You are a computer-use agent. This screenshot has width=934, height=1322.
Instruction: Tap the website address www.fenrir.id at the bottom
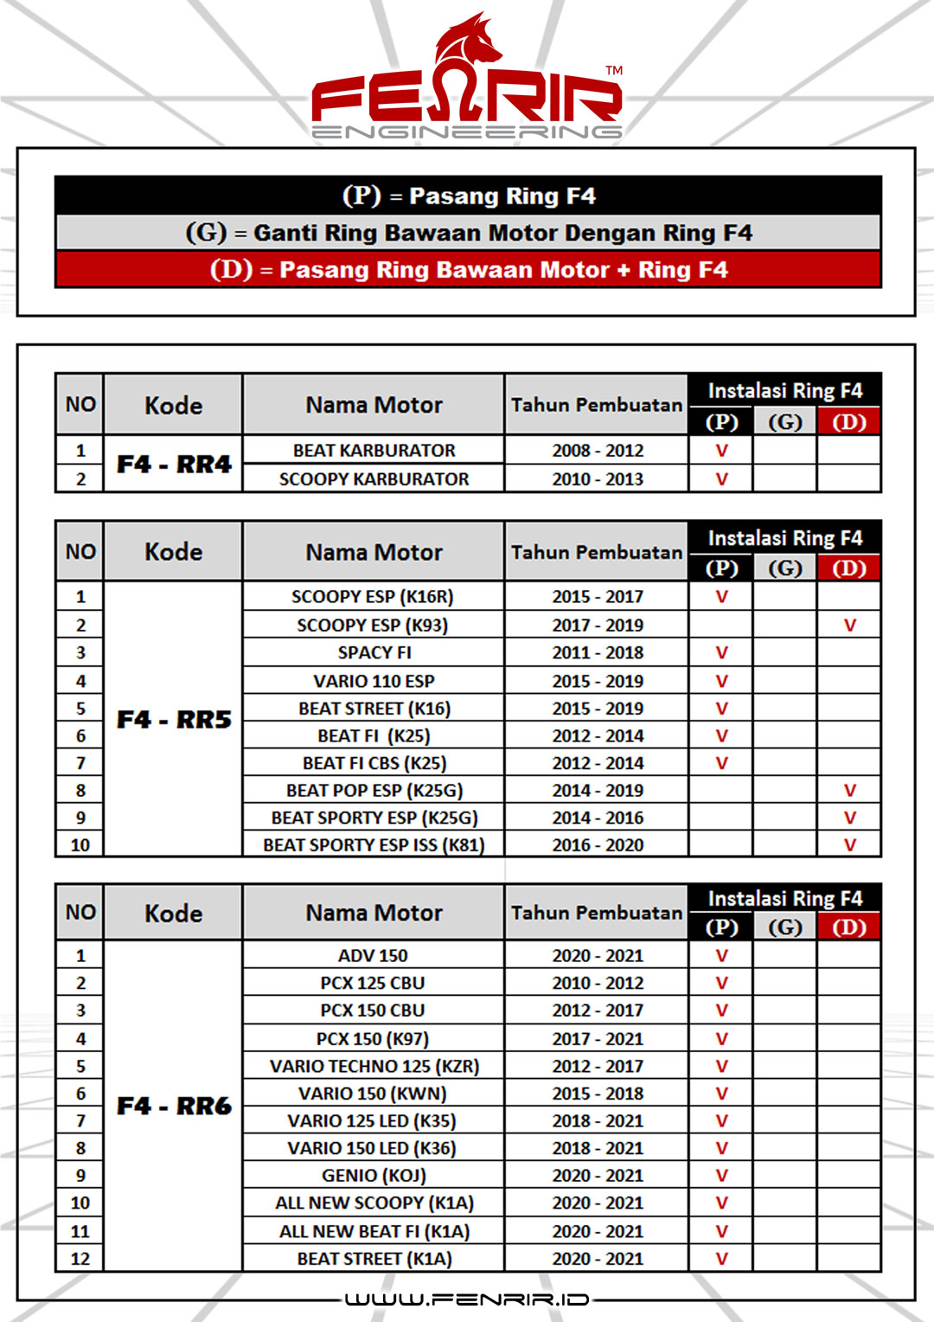[467, 1300]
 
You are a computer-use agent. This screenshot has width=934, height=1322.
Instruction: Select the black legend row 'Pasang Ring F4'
[468, 196]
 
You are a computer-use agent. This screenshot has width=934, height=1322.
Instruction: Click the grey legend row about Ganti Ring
[468, 233]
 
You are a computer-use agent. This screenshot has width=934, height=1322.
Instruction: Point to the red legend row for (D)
[468, 270]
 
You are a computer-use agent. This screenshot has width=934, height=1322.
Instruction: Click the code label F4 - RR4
[174, 465]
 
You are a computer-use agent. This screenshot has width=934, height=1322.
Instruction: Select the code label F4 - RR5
[174, 720]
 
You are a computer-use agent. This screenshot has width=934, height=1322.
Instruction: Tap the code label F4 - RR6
[174, 1106]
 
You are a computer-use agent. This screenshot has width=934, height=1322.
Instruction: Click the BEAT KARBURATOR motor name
[374, 451]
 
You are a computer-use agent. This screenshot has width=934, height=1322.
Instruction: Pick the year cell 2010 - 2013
[598, 479]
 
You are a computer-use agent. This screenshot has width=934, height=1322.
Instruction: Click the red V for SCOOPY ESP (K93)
[849, 626]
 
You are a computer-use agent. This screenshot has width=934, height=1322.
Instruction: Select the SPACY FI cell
[374, 653]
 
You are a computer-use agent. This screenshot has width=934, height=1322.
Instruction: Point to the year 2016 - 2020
[598, 845]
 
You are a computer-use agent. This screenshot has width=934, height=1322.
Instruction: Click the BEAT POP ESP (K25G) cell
[374, 791]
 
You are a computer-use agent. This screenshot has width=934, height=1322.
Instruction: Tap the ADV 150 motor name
[373, 956]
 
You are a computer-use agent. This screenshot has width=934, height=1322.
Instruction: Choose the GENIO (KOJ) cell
[374, 1176]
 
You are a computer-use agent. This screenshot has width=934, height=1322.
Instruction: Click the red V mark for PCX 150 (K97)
[721, 1038]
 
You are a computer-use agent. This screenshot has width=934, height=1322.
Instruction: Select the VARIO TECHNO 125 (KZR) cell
[374, 1066]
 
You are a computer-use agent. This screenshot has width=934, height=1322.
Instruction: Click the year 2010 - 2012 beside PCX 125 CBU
[598, 984]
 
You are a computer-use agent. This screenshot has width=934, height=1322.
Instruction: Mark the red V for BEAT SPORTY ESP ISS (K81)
[849, 845]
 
